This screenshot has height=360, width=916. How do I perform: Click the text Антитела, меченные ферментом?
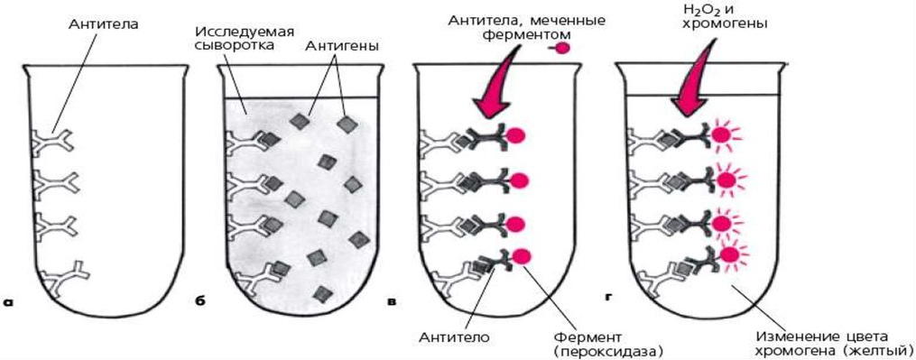coord(524,28)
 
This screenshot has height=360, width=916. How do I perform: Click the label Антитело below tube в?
coord(455,337)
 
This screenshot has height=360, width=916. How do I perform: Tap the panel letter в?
coord(393,302)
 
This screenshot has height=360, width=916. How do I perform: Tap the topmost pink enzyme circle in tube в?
coord(515,135)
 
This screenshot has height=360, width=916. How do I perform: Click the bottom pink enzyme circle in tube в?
coord(521,256)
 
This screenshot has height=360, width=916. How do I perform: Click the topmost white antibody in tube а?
coord(52,142)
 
